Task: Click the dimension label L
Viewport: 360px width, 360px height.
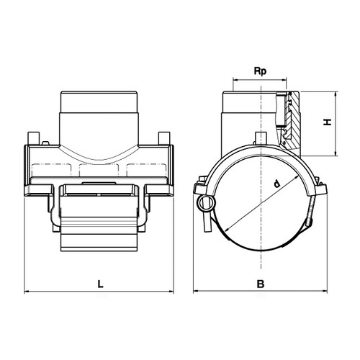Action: click(100, 284)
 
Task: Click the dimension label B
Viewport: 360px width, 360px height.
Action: click(261, 284)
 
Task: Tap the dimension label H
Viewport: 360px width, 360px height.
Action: click(328, 122)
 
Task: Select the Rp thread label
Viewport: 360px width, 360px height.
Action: click(260, 71)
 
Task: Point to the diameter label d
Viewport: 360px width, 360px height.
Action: click(277, 184)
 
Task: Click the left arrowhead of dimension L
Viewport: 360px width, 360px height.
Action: click(27, 292)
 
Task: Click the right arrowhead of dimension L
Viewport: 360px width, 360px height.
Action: click(171, 292)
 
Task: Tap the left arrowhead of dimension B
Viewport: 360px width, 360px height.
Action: click(196, 292)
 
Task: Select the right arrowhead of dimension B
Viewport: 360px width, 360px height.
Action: click(325, 292)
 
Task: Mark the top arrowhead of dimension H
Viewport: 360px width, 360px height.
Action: click(336, 94)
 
